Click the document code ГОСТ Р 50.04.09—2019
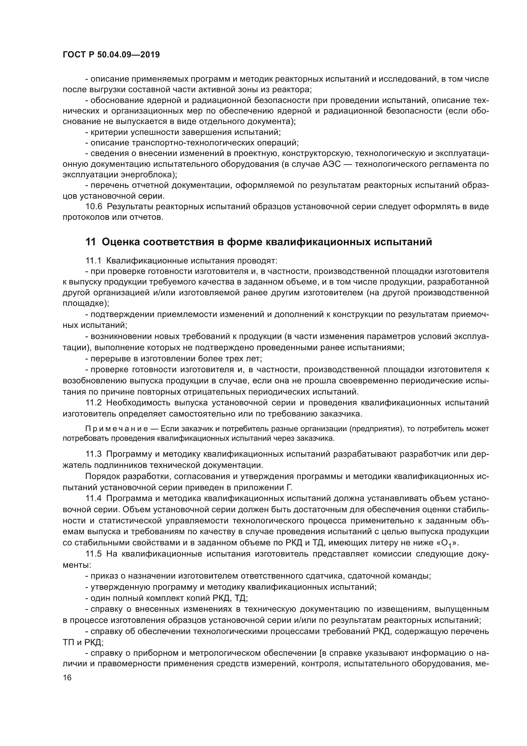pyautogui.click(x=111, y=55)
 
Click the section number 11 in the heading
pyautogui.click(x=90, y=242)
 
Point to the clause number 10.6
pyautogui.click(x=94, y=207)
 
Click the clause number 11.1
pyautogui.click(x=94, y=261)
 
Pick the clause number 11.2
pyautogui.click(x=94, y=403)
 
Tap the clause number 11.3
pyautogui.click(x=94, y=454)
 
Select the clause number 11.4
pyautogui.click(x=94, y=499)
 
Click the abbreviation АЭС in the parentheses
pyautogui.click(x=332, y=164)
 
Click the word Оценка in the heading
pyautogui.click(x=120, y=242)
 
